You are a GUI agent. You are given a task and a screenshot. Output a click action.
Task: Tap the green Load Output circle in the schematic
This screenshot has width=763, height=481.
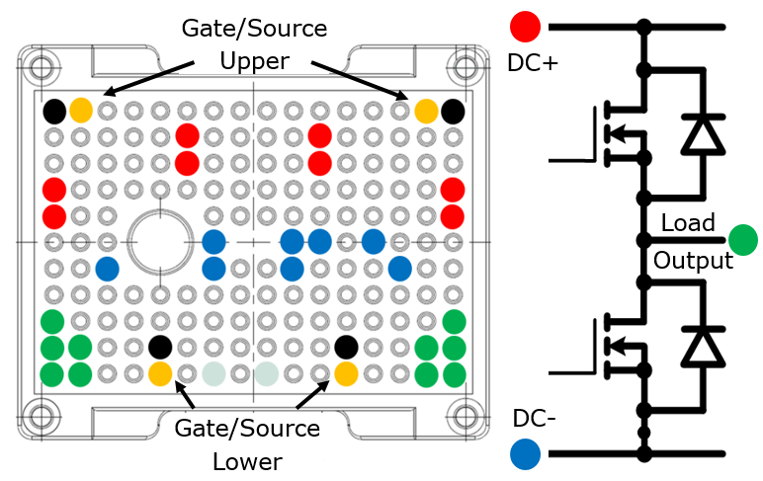[742, 239]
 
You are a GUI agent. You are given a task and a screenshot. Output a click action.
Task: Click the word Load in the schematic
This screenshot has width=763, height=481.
[688, 223]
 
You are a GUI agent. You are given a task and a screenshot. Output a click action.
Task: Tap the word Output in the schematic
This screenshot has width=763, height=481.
[693, 260]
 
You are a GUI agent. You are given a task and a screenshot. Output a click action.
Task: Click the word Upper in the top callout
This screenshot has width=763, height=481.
[254, 61]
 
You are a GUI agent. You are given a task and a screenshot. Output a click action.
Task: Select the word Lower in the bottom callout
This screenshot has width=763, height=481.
[247, 461]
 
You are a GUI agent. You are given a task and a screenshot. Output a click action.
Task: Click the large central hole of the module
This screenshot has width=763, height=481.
[161, 240]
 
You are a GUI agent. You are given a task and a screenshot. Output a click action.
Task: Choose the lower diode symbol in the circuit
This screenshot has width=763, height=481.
[703, 346]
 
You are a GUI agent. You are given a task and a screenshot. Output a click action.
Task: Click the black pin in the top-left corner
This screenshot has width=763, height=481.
[55, 111]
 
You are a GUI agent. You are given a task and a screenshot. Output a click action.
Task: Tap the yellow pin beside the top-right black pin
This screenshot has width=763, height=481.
[427, 111]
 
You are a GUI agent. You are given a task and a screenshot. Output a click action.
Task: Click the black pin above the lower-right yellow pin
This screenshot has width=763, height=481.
[346, 347]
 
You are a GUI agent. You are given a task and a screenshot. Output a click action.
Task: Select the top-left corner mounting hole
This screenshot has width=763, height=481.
[42, 68]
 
